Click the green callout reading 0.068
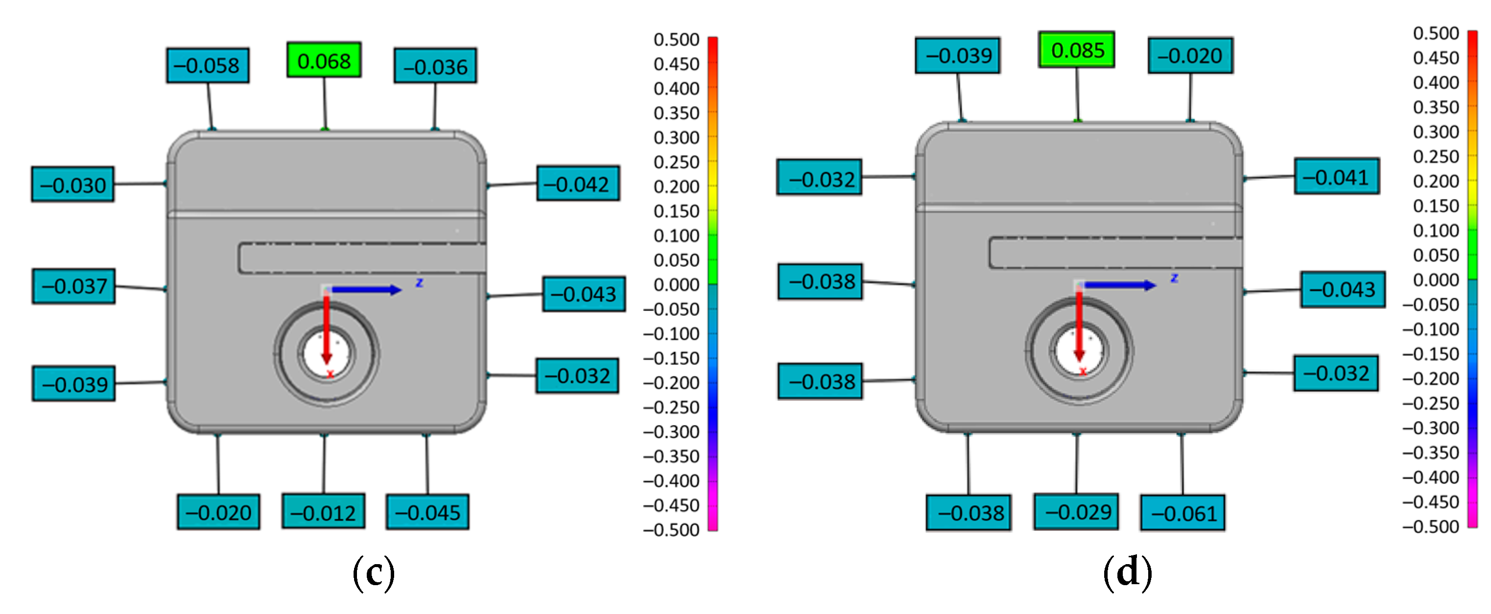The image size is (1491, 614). tap(324, 60)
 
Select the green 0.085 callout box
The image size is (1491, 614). tap(1077, 50)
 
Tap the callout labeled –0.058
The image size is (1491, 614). tap(207, 66)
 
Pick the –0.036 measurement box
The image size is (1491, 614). tap(435, 66)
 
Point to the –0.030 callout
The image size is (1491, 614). tap(73, 185)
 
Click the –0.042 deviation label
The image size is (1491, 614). tap(578, 183)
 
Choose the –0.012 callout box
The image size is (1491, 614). tap(323, 511)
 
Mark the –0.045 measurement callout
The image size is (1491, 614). tap(427, 512)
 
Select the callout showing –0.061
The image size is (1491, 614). tap(1182, 513)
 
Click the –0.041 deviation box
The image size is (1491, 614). tap(1336, 176)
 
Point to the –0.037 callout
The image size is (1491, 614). tap(73, 286)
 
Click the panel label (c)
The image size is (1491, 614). tap(374, 573)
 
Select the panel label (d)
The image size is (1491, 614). tap(1127, 573)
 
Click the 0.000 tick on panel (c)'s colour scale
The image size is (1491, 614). tap(676, 285)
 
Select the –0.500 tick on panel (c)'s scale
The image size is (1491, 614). tap(671, 529)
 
